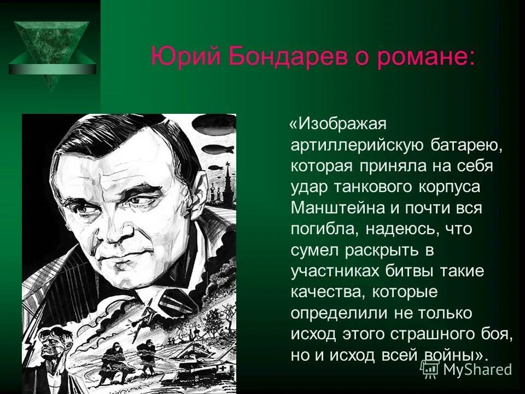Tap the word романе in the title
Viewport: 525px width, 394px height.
click(x=414, y=57)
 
